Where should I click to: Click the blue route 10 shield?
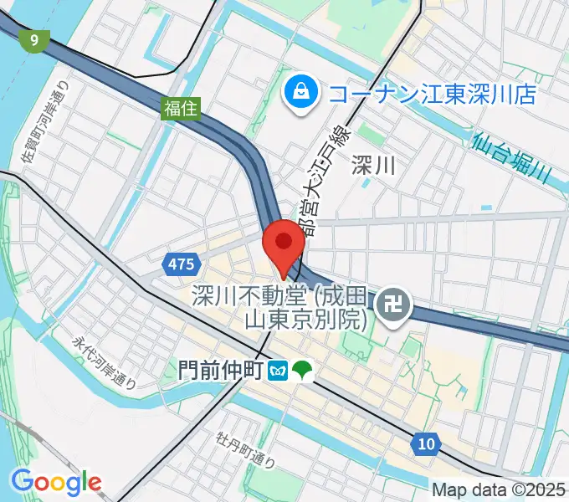click(426, 443)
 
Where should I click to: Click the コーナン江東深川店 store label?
click(431, 94)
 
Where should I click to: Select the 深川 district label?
click(372, 166)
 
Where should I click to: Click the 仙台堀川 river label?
click(519, 159)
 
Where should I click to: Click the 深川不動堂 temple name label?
click(280, 307)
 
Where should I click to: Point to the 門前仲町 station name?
click(222, 369)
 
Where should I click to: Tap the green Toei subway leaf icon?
click(301, 369)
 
